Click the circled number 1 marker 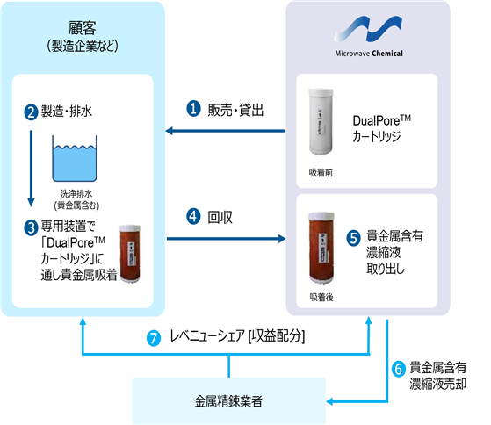[193, 109]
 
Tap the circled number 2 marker [31, 112]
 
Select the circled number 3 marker [31, 227]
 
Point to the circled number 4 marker [193, 217]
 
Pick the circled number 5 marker [353, 238]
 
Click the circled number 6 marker [399, 369]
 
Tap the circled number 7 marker [154, 338]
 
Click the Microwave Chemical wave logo [368, 29]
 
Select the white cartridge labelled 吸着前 [321, 121]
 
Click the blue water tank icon [75, 158]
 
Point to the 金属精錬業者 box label [228, 401]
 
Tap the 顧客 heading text [83, 28]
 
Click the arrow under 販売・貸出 [225, 131]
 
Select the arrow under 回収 [226, 239]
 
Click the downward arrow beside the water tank [31, 169]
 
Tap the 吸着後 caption [321, 297]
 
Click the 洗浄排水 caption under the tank [76, 194]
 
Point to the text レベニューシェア [206, 336]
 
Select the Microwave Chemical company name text [369, 54]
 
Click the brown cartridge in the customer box [130, 254]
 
